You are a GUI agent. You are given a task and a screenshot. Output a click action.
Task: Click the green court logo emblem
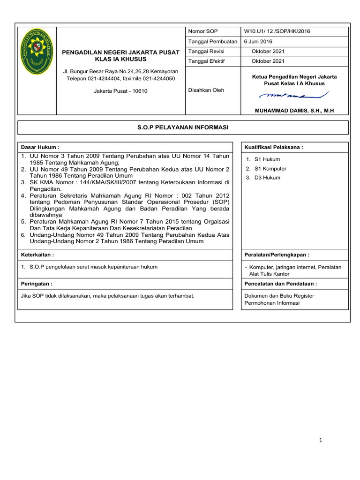(x=37, y=51)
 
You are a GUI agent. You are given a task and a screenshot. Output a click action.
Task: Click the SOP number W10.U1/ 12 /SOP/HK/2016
(x=277, y=31)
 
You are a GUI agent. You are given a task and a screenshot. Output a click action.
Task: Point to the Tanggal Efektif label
(x=205, y=61)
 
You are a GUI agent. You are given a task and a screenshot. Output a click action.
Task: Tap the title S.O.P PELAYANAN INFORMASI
(x=183, y=127)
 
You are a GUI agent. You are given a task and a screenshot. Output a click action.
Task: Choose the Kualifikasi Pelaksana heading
(x=274, y=147)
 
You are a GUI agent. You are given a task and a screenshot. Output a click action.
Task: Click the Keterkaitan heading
(x=38, y=255)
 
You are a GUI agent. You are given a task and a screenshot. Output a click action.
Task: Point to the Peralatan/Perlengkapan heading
(x=277, y=255)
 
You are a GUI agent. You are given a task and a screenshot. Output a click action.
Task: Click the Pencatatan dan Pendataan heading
(x=281, y=284)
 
